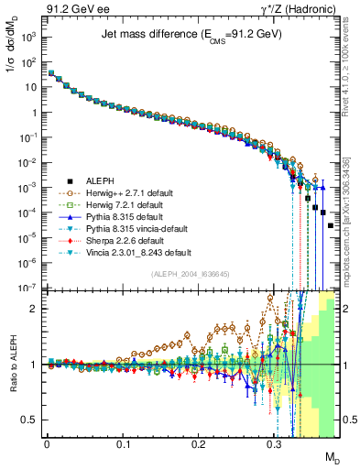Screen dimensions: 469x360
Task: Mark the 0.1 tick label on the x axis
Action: pos(123,442)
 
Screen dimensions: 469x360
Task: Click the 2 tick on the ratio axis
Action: pos(37,309)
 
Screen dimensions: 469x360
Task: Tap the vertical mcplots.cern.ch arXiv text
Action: pos(353,211)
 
